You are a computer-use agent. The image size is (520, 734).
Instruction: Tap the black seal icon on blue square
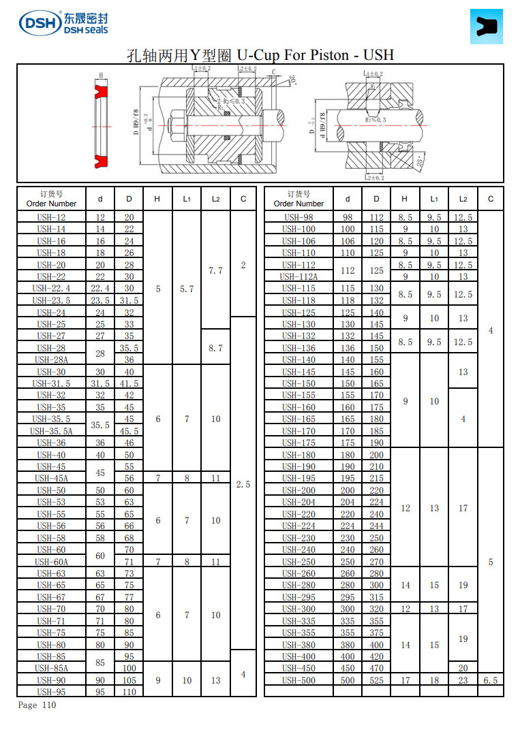coord(486,27)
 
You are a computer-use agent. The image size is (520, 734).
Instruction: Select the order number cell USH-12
coord(51,217)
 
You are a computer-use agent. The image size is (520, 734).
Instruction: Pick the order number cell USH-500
coord(299,680)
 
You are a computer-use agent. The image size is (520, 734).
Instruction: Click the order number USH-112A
coord(299,276)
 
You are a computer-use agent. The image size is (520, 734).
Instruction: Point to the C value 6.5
coord(490,680)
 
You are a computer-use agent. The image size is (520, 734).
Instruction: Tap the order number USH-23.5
coord(51,300)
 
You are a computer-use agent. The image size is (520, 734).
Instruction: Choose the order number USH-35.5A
coord(51,431)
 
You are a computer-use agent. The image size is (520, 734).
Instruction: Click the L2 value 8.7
coord(215,348)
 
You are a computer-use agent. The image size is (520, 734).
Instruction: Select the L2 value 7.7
coord(215,270)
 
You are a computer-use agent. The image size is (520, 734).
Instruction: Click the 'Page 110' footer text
coord(37,705)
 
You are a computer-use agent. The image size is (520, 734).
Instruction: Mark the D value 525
coord(376,680)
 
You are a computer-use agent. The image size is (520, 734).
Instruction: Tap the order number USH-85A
coord(51,668)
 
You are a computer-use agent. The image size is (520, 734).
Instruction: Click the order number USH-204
coord(299,502)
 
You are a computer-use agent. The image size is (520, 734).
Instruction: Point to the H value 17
coord(405,680)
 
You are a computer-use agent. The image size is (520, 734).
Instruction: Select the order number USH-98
coord(299,217)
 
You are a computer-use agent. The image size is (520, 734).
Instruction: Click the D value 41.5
coord(129,383)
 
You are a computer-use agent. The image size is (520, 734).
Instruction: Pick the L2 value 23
coord(463,680)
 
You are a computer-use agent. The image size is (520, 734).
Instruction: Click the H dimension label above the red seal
coord(101,76)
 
